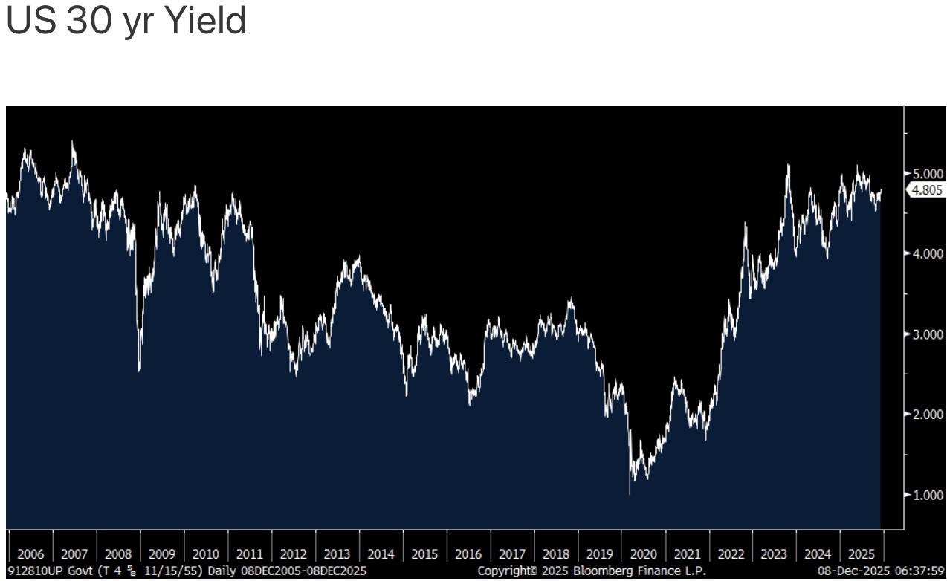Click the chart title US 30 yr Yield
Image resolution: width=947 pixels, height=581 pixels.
tap(126, 22)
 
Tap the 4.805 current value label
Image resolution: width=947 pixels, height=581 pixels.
tap(926, 190)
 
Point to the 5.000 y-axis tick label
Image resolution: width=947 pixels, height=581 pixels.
tap(928, 173)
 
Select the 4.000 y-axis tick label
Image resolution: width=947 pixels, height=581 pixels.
tap(928, 253)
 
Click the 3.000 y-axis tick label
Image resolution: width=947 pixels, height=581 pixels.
tap(928, 334)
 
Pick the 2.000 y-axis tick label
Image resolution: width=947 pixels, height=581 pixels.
tap(928, 415)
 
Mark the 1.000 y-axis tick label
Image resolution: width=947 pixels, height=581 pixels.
tap(928, 495)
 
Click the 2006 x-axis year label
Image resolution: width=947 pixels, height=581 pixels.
tap(30, 554)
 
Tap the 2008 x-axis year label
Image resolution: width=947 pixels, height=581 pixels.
tap(118, 554)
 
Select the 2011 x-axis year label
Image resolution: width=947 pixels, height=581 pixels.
tap(250, 554)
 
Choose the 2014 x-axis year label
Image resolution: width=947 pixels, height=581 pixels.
tap(381, 554)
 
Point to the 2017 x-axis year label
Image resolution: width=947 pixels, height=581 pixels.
tap(512, 554)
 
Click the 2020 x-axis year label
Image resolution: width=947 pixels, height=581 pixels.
tap(643, 554)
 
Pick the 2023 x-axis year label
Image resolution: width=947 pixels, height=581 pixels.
tap(774, 554)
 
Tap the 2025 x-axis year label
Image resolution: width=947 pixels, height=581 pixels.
tap(862, 554)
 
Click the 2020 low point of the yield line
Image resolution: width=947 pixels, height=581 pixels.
tap(630, 493)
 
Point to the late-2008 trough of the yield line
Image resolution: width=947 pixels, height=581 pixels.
tap(140, 370)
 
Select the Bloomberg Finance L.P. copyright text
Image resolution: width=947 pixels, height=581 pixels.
tap(592, 571)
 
